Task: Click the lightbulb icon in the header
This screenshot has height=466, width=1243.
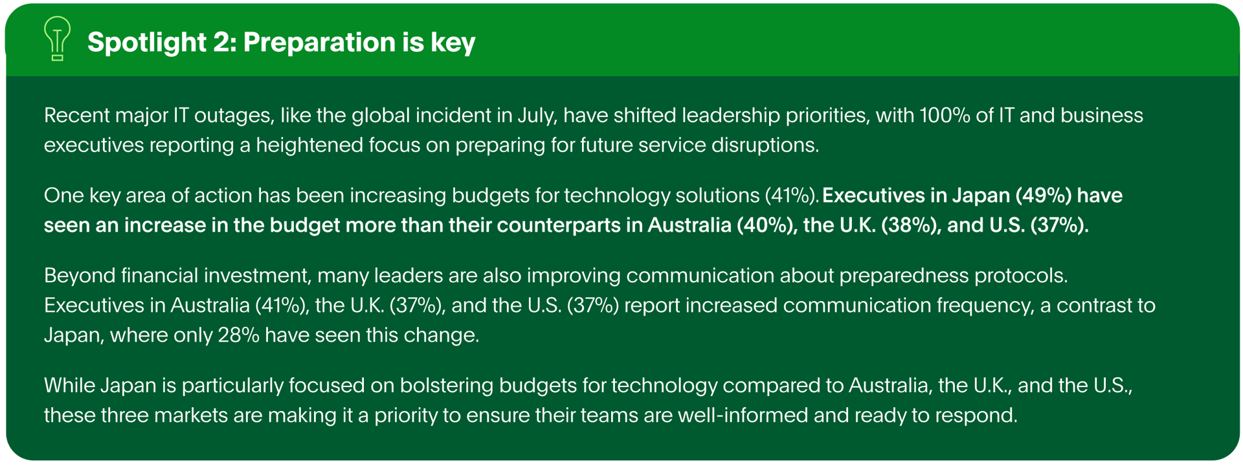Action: (58, 39)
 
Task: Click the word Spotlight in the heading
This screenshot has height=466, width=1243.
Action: (147, 43)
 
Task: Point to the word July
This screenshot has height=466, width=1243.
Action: (537, 116)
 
